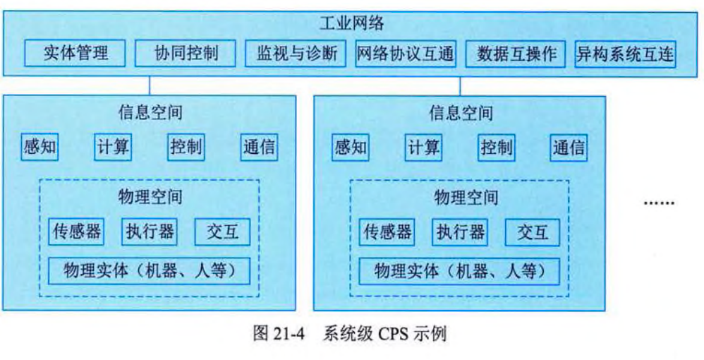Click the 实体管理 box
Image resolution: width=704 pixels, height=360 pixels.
(75, 54)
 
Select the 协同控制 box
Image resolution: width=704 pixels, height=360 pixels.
(186, 54)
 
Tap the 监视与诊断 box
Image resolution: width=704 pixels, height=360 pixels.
(296, 54)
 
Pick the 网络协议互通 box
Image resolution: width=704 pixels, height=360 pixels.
(406, 54)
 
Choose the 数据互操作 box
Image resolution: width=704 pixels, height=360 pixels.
(516, 54)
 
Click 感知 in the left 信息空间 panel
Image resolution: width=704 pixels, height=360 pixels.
(40, 148)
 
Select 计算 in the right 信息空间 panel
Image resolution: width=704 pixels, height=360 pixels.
(423, 148)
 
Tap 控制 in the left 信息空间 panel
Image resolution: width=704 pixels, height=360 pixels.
(186, 148)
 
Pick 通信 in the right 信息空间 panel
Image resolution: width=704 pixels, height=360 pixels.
(568, 148)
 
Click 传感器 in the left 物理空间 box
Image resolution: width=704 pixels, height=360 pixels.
(77, 231)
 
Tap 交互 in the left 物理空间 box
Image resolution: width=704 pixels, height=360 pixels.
(222, 231)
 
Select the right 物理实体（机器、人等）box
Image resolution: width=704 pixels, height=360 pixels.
(460, 270)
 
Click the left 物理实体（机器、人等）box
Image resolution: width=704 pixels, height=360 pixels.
(149, 270)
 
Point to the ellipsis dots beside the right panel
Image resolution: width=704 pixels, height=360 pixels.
(659, 203)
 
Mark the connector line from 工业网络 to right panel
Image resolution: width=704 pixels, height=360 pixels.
(460, 85)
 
